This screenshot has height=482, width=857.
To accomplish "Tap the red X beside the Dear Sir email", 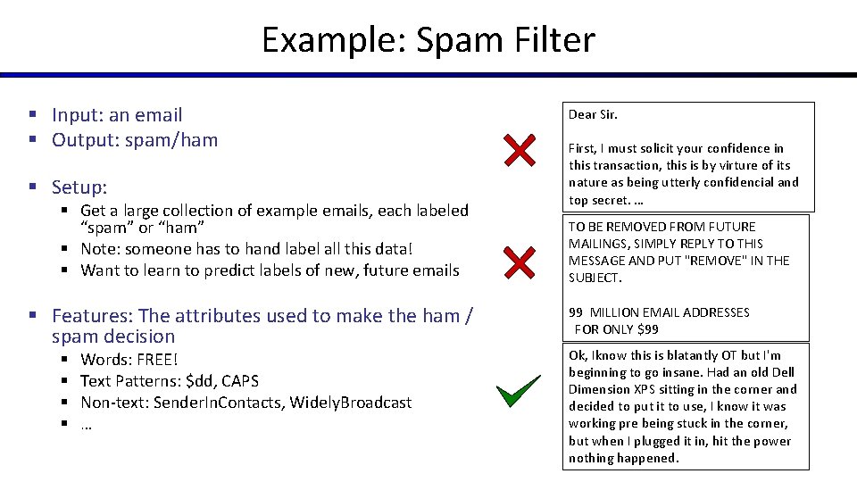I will point(520,151).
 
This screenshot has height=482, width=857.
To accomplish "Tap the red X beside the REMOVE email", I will point(520,262).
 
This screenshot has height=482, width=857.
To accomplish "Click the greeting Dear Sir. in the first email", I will point(593,114).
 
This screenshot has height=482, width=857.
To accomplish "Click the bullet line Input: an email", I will point(116,114).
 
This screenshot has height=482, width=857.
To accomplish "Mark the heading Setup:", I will point(79,187).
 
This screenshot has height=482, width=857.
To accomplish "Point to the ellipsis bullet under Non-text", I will point(87,424).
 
